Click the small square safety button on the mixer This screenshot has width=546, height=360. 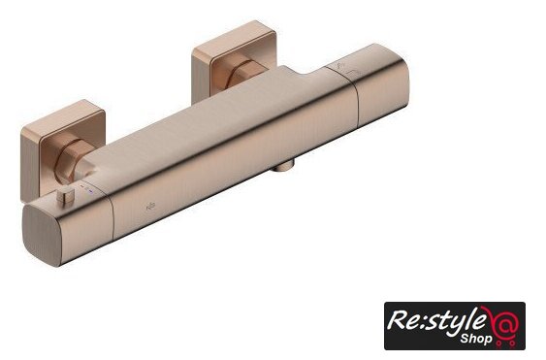[x=66, y=197]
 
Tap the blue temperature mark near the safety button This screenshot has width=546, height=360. [x=91, y=191]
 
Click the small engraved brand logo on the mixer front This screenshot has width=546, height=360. [x=150, y=207]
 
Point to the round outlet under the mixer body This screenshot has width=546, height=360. [x=283, y=166]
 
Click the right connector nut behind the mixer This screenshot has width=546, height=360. [x=245, y=75]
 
